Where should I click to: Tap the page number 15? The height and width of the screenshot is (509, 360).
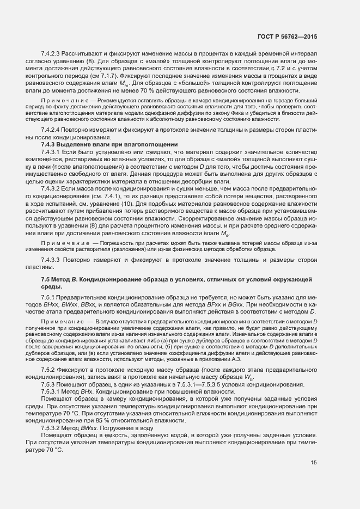coord(313,479)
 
